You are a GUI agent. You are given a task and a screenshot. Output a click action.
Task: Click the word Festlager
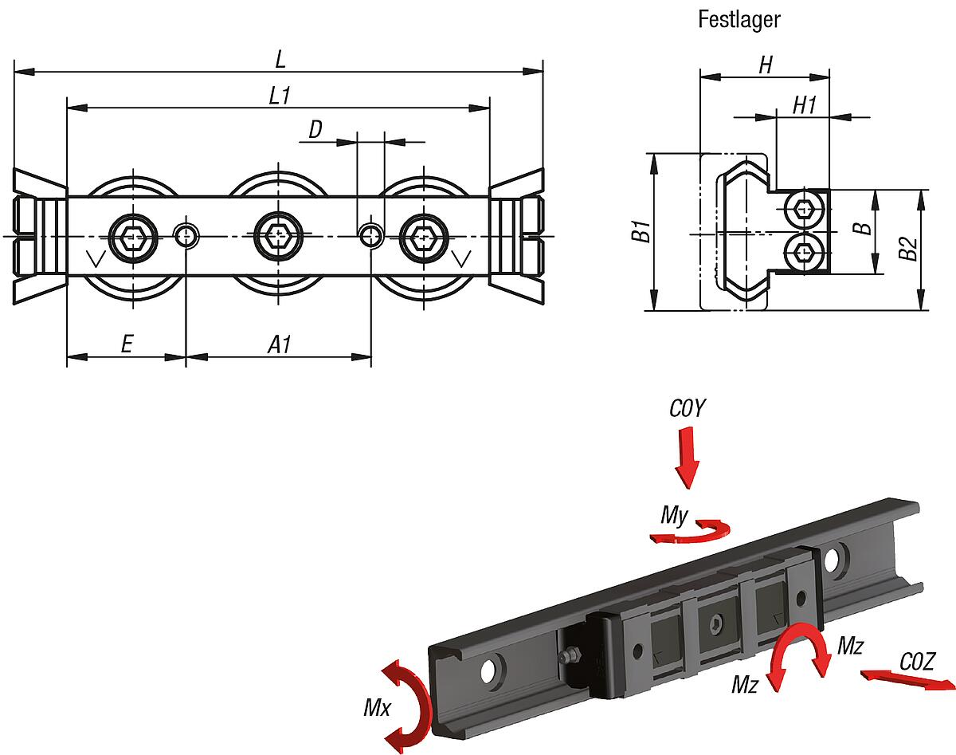(739, 19)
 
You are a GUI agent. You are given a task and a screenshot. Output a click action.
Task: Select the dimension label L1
(279, 96)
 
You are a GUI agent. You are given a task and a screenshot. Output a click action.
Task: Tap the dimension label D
(315, 130)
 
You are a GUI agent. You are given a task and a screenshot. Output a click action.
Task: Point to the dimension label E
(126, 344)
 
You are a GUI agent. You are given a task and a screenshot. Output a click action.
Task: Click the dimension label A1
(279, 344)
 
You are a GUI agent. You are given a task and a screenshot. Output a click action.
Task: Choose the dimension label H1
(804, 104)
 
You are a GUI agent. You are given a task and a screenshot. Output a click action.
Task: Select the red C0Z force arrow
(907, 680)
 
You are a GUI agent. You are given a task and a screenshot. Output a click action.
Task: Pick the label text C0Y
(687, 409)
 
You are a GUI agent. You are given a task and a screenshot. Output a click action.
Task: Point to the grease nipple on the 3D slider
(569, 655)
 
